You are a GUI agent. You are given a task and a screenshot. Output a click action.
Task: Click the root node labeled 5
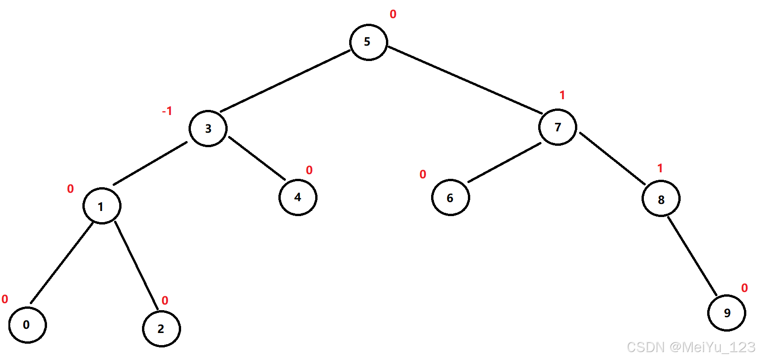(368, 42)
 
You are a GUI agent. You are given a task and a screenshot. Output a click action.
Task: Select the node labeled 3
(208, 129)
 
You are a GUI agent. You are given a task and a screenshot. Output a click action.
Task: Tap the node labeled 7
(558, 127)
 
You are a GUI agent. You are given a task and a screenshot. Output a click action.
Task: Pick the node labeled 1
(102, 206)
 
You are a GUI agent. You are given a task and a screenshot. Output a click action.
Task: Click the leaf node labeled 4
(298, 197)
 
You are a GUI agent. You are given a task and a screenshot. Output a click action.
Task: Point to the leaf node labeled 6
(450, 198)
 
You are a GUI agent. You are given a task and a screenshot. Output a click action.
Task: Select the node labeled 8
(661, 199)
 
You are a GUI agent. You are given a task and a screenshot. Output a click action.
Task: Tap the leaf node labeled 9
(726, 313)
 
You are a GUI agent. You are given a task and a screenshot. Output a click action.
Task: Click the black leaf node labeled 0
(27, 325)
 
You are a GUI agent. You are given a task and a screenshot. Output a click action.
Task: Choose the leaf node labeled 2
(161, 329)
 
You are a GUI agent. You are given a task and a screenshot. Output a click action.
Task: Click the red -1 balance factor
(167, 111)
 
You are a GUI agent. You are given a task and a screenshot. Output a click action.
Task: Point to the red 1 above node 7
(562, 95)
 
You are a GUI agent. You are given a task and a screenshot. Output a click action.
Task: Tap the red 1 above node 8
(660, 169)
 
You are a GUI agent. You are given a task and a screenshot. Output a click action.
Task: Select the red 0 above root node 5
(393, 14)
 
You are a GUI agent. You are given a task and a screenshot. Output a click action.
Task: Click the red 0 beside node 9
(744, 288)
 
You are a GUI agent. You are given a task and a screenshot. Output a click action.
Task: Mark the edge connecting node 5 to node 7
(465, 80)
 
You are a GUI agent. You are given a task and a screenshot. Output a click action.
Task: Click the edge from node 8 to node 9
(692, 256)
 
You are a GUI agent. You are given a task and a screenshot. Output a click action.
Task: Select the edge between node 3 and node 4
(257, 158)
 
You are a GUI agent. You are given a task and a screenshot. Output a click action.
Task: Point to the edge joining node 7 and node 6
(504, 163)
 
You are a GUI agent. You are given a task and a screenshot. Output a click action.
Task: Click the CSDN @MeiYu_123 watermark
(691, 347)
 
